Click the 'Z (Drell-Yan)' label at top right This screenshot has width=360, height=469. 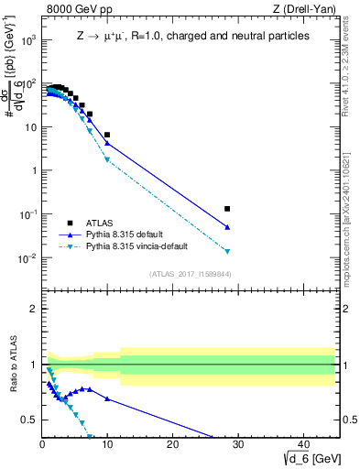pyautogui.click(x=303, y=9)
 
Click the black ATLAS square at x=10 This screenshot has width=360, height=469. pyautogui.click(x=107, y=135)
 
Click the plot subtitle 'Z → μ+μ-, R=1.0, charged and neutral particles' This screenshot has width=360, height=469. pyautogui.click(x=192, y=36)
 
